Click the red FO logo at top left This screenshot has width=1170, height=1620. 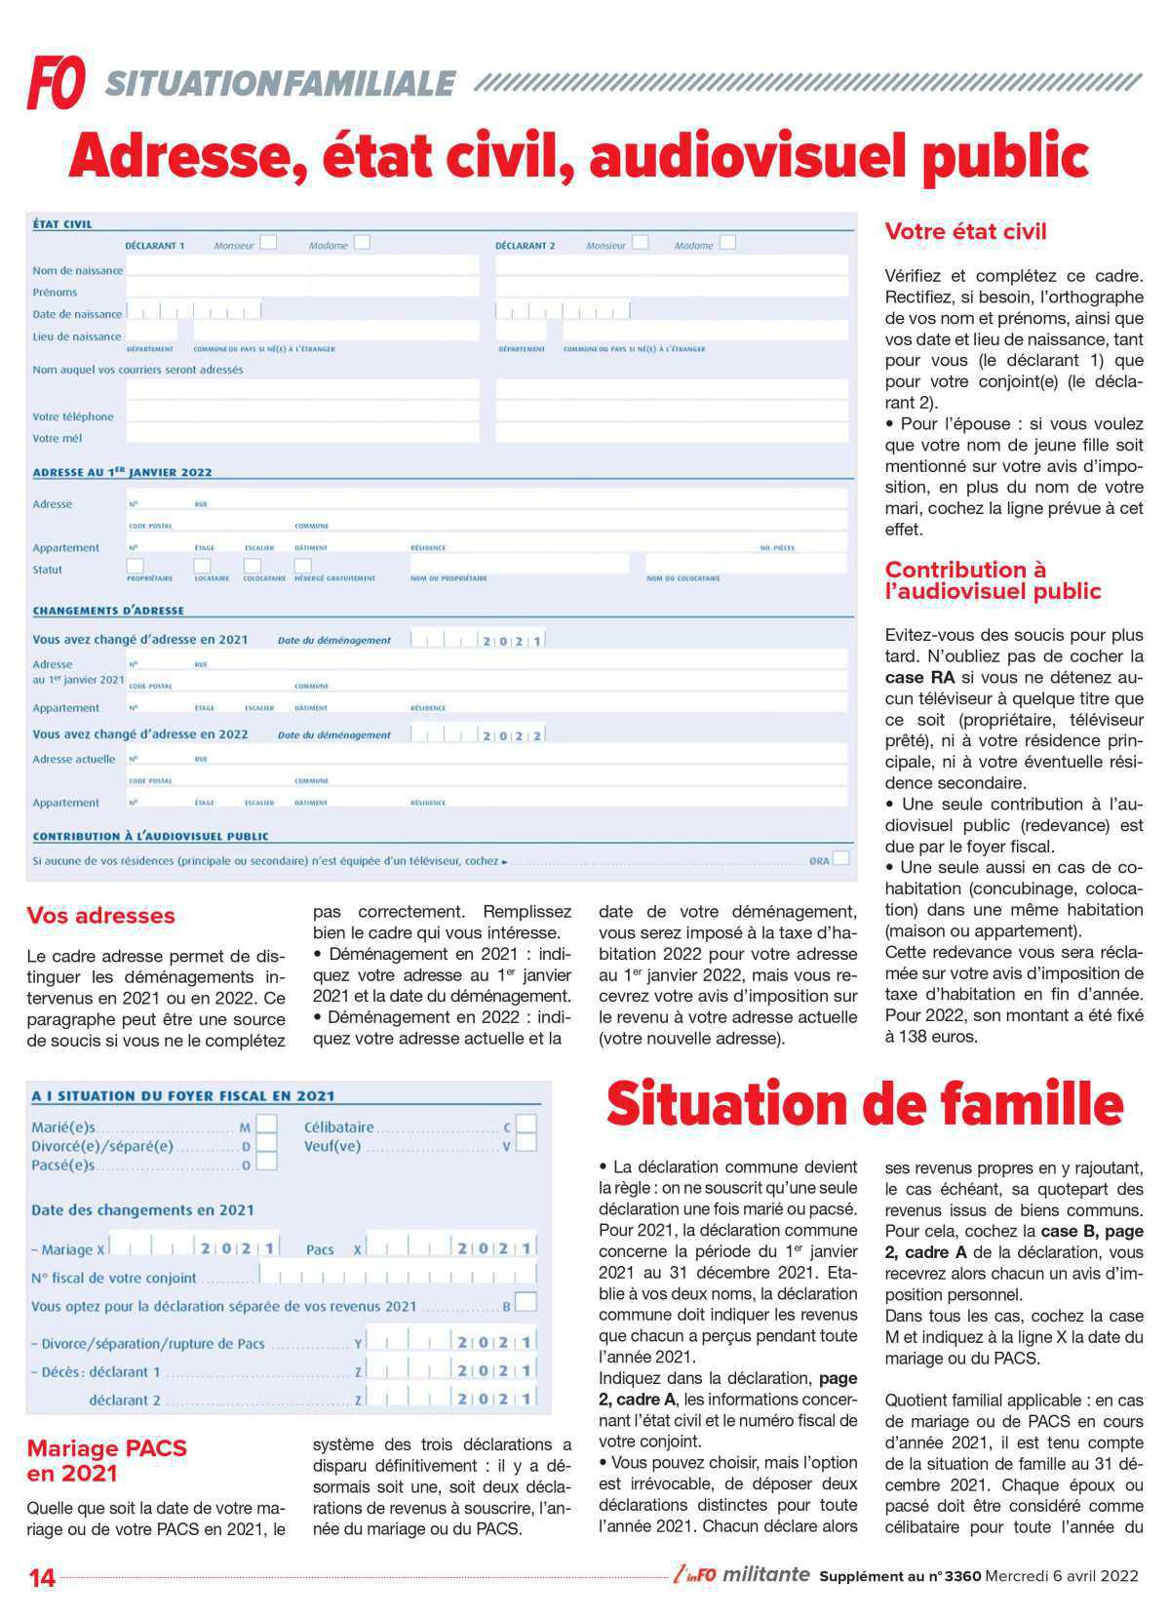(56, 82)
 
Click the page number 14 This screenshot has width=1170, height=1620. (42, 1577)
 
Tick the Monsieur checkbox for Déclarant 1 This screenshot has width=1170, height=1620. (268, 242)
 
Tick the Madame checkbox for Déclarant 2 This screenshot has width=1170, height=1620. (727, 242)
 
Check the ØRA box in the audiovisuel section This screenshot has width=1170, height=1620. (841, 858)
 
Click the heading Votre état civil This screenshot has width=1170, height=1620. (965, 232)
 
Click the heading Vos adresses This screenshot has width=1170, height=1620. (100, 915)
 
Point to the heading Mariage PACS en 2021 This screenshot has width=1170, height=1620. (106, 1460)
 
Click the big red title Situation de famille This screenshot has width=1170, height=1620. (864, 1104)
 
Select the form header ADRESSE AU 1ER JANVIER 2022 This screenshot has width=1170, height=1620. (122, 472)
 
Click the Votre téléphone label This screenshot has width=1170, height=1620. (73, 416)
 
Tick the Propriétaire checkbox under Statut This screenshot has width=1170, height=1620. (136, 566)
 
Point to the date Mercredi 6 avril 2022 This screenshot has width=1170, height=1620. (1062, 1576)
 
